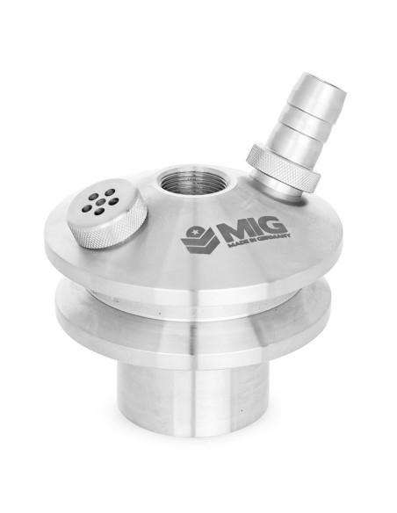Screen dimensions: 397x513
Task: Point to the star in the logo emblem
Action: (x=196, y=232)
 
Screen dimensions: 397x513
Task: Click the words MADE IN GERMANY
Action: (x=259, y=240)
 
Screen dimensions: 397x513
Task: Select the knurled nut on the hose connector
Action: (x=283, y=168)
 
